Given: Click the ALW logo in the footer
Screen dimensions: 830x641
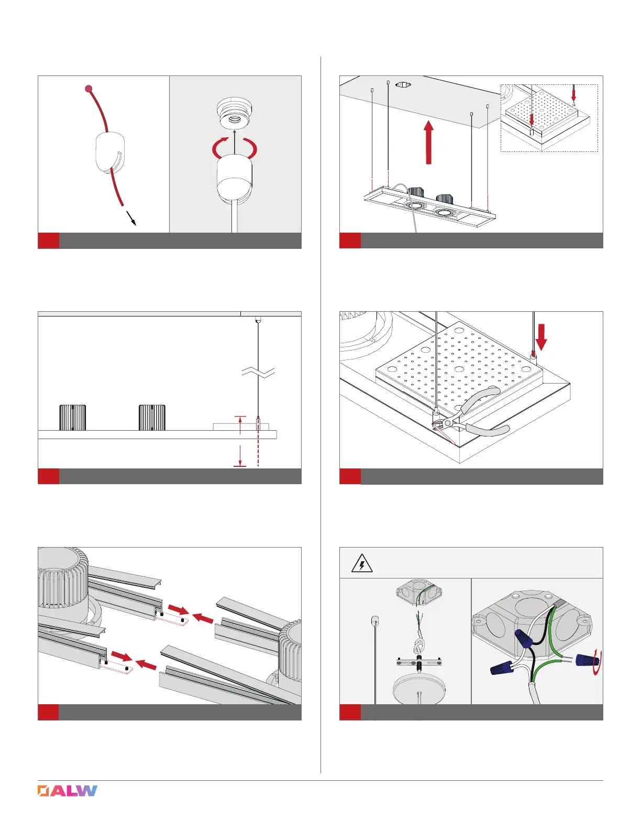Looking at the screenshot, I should tap(68, 791).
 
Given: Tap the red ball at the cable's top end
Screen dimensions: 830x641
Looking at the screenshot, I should tap(89, 89).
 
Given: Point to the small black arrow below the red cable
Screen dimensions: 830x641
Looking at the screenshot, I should tap(131, 219).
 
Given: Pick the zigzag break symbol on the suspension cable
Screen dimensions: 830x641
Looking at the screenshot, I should tap(258, 373).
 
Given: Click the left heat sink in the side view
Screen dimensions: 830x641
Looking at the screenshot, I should tap(72, 417).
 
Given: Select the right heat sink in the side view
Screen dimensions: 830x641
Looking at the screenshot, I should tap(152, 417).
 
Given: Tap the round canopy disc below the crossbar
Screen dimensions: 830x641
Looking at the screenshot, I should tap(417, 686).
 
